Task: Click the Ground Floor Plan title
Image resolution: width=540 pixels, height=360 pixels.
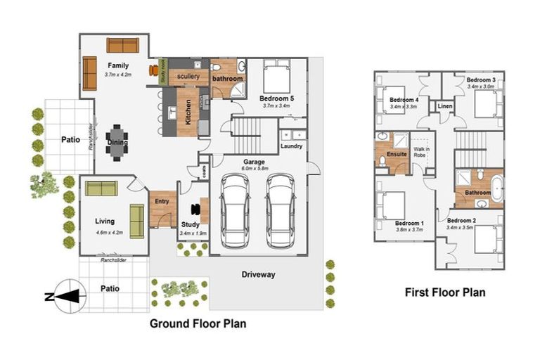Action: (x=198, y=324)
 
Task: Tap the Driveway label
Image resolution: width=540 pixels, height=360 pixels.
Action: (x=258, y=274)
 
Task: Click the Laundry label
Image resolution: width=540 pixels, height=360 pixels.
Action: (x=291, y=147)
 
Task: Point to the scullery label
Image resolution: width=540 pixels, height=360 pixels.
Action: (x=188, y=76)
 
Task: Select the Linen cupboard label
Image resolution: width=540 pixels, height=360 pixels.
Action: (x=444, y=107)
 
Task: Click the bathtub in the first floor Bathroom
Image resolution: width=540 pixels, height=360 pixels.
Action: (x=496, y=188)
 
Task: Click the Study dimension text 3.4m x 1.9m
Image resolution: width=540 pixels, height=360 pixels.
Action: (x=192, y=233)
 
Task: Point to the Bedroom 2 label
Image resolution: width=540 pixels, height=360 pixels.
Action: (x=463, y=221)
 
